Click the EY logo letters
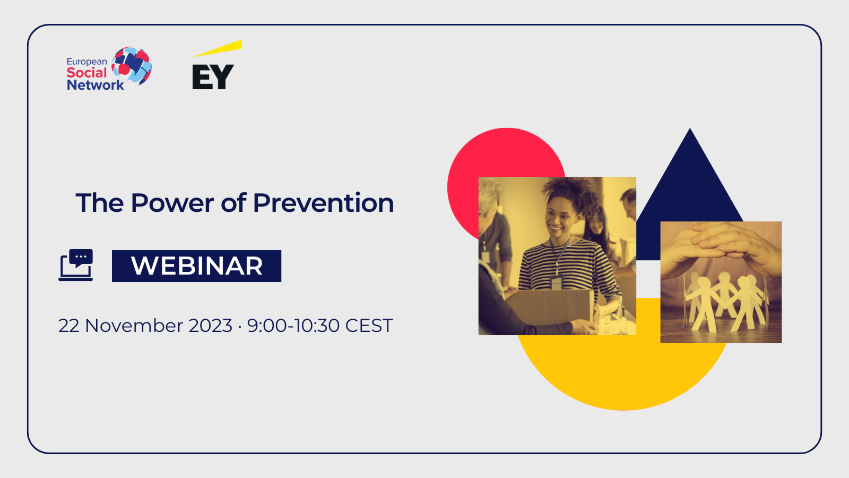(x=213, y=77)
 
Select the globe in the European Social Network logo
(x=132, y=66)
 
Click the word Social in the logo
(x=87, y=73)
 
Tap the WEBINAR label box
(x=196, y=266)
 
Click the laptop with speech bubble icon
(x=76, y=265)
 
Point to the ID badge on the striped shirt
(x=556, y=283)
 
